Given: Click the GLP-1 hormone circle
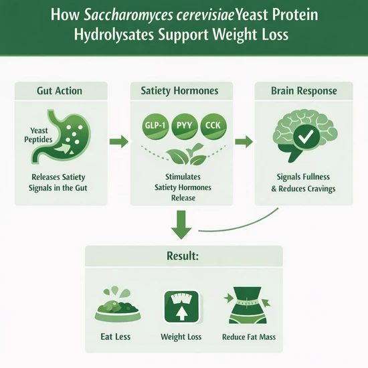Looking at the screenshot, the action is [155, 126].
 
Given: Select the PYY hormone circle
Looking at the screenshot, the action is [184, 126].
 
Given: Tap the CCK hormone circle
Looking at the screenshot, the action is [213, 126].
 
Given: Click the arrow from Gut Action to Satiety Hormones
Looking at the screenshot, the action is [118, 142].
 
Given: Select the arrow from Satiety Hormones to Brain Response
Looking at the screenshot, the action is [244, 142].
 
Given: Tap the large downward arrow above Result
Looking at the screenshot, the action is [181, 225].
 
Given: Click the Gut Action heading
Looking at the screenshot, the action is [60, 91].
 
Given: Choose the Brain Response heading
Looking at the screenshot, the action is [304, 90].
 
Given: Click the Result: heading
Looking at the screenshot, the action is [183, 256].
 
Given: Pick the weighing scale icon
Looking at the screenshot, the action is [181, 307].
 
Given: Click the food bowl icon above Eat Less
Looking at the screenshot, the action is [118, 304].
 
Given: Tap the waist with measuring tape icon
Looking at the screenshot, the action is [247, 305].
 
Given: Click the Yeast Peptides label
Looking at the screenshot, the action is [39, 135].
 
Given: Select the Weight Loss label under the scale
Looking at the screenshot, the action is [181, 337].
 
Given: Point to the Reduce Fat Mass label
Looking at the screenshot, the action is [249, 337].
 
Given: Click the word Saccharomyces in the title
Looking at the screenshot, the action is [128, 15].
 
